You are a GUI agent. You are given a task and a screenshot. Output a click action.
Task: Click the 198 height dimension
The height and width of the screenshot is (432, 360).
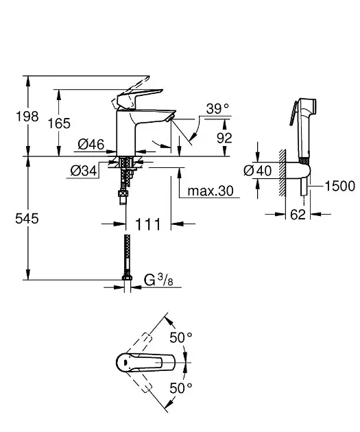pyautogui.click(x=27, y=117)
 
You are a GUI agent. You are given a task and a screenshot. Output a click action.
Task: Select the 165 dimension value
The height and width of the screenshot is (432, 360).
pyautogui.click(x=59, y=123)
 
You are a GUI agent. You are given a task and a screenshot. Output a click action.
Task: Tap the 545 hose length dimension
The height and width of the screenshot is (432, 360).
pyautogui.click(x=27, y=219)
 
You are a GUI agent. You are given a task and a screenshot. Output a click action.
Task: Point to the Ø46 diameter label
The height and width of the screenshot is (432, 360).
pyautogui.click(x=91, y=144)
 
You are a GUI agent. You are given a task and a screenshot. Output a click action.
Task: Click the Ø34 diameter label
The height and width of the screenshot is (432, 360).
pyautogui.click(x=84, y=171)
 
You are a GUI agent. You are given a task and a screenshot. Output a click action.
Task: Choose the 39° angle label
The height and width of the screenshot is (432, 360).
pyautogui.click(x=217, y=108)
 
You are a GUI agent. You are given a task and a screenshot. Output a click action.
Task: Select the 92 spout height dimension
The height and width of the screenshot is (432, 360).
pyautogui.click(x=224, y=138)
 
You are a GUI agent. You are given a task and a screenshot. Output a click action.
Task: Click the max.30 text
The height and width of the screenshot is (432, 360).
pyautogui.click(x=211, y=191)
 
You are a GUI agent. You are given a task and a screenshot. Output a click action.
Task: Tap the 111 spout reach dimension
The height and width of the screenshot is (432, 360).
pyautogui.click(x=148, y=224)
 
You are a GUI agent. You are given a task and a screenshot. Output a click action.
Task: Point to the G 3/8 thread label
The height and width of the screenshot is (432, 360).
pyautogui.click(x=158, y=280)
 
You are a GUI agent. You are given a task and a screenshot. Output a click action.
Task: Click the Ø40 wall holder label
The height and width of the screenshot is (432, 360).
pyautogui.click(x=258, y=171)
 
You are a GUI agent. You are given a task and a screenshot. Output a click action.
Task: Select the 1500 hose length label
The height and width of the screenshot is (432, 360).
pyautogui.click(x=340, y=187)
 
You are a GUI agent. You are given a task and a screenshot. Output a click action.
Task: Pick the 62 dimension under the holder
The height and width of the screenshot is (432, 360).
pyautogui.click(x=298, y=215)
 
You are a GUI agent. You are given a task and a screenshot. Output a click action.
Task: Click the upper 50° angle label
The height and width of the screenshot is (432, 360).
pyautogui.click(x=181, y=338)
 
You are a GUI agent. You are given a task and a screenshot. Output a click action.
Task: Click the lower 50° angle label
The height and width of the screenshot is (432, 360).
pyautogui.click(x=181, y=388)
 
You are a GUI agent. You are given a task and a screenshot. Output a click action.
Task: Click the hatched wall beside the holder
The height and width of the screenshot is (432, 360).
pyautogui.click(x=282, y=173)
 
